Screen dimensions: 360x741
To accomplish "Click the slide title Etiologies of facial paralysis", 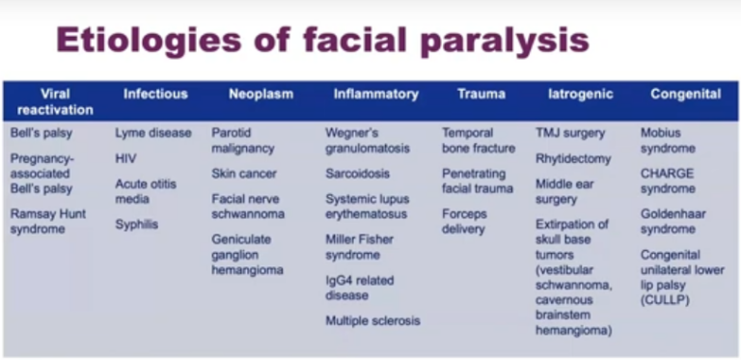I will click(321, 41).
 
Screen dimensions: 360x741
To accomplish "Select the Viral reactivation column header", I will click(55, 101).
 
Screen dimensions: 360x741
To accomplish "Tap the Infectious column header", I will click(155, 94).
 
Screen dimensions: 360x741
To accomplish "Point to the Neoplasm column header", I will click(261, 94).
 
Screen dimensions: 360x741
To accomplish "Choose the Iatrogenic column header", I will click(579, 94).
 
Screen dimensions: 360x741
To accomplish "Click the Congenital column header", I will click(685, 94).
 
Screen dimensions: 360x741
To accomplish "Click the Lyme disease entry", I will click(153, 132).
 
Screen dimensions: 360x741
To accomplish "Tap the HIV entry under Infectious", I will click(126, 157).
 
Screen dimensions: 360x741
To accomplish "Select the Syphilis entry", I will click(137, 224).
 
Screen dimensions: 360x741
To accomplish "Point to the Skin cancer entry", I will click(244, 174).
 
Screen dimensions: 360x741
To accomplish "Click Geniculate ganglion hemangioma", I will click(247, 254).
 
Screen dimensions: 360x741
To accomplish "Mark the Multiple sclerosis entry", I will click(372, 320).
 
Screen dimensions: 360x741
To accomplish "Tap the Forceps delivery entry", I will click(463, 221).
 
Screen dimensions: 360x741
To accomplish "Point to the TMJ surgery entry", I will click(570, 132).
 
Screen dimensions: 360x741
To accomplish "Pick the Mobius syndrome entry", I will click(668, 140).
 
